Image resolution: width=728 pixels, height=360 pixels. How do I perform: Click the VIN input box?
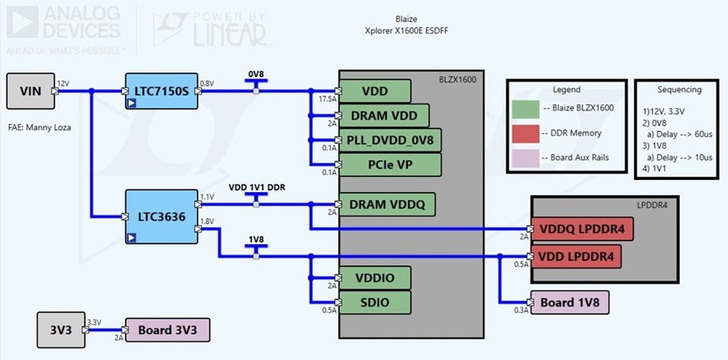[30, 91]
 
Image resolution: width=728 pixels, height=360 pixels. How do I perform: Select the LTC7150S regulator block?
[161, 91]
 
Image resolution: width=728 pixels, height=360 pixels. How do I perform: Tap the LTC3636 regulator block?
[161, 216]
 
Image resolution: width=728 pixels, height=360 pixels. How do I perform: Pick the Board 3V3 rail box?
[168, 330]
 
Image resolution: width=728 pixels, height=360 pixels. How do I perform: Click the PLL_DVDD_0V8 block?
[390, 140]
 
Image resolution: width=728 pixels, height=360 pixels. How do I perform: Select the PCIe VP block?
[390, 164]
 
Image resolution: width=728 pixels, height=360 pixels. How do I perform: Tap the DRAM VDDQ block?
[387, 205]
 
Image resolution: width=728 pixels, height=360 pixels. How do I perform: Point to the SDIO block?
[374, 302]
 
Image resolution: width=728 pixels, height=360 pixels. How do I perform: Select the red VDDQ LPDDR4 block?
[582, 229]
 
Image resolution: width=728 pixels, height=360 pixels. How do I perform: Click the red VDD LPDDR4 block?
[575, 256]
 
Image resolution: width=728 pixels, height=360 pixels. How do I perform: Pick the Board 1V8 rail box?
[570, 302]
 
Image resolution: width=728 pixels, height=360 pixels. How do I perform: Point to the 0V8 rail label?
[256, 74]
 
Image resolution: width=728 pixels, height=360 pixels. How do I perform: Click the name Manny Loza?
[55, 127]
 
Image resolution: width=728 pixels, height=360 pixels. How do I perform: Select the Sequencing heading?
[679, 89]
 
